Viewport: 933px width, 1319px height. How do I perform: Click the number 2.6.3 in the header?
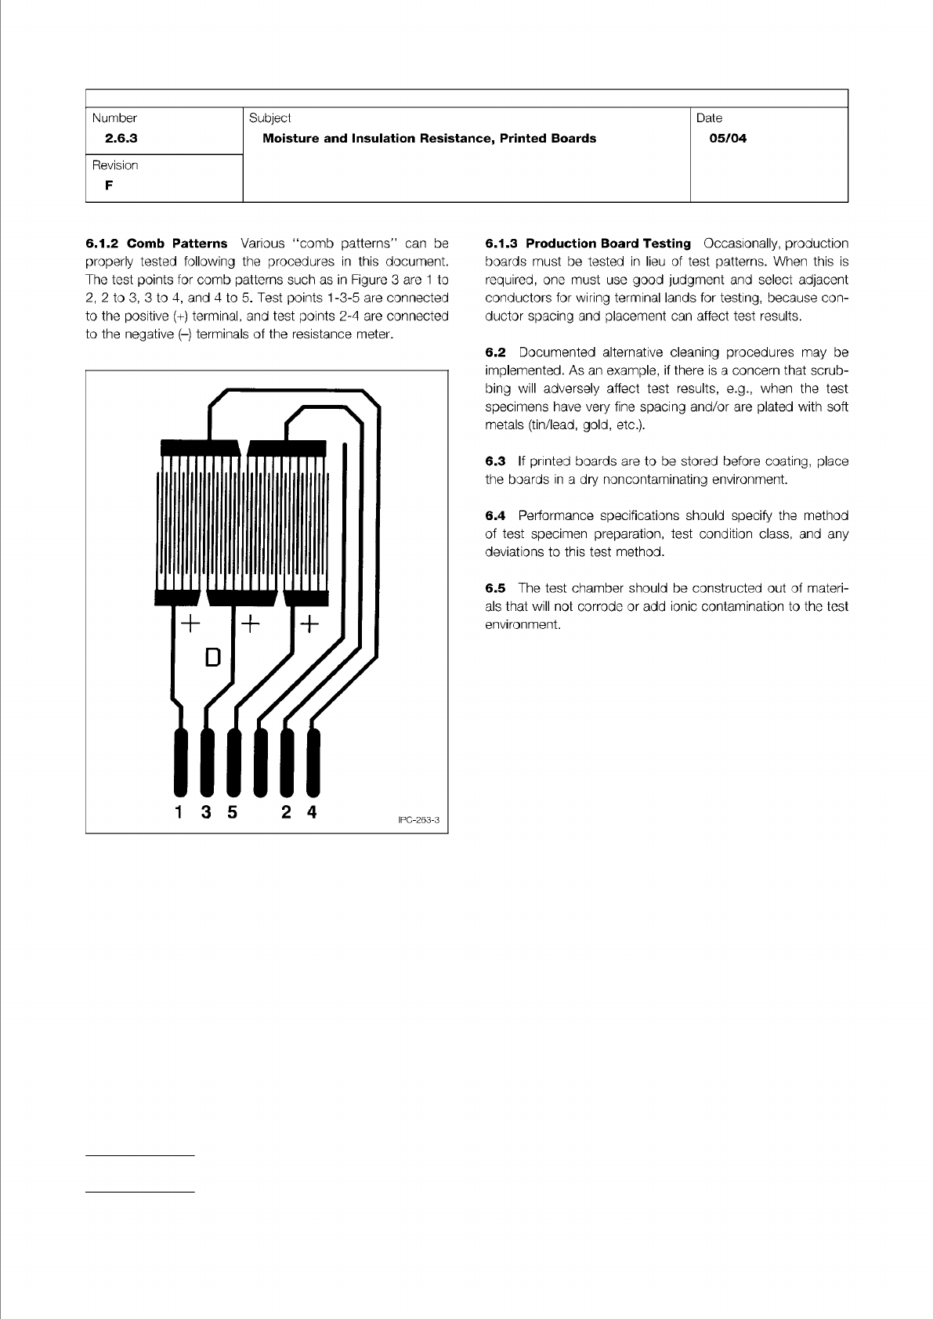[121, 139]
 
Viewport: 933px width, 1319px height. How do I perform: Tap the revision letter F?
[108, 186]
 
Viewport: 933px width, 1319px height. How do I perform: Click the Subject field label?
[269, 118]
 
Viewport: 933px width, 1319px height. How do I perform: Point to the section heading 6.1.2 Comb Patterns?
[157, 244]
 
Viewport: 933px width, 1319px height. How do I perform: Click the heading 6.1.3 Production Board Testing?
[588, 244]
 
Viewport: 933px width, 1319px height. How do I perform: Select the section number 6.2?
[495, 352]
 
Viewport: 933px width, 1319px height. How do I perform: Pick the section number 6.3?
[495, 461]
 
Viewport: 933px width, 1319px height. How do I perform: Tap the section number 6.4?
[495, 515]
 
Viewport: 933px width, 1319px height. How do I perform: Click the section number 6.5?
[495, 588]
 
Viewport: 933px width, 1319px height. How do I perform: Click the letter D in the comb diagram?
[212, 657]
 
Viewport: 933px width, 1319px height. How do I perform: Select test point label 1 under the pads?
[180, 812]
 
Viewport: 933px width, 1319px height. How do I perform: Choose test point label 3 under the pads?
[206, 812]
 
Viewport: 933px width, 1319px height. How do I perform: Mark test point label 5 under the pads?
[232, 812]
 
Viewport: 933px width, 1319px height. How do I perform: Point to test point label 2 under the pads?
[287, 812]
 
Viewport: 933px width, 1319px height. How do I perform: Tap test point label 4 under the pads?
[312, 812]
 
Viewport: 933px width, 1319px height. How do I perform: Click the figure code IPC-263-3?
[419, 820]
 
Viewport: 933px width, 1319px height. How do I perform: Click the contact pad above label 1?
[181, 761]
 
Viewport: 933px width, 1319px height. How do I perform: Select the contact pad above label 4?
[313, 761]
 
